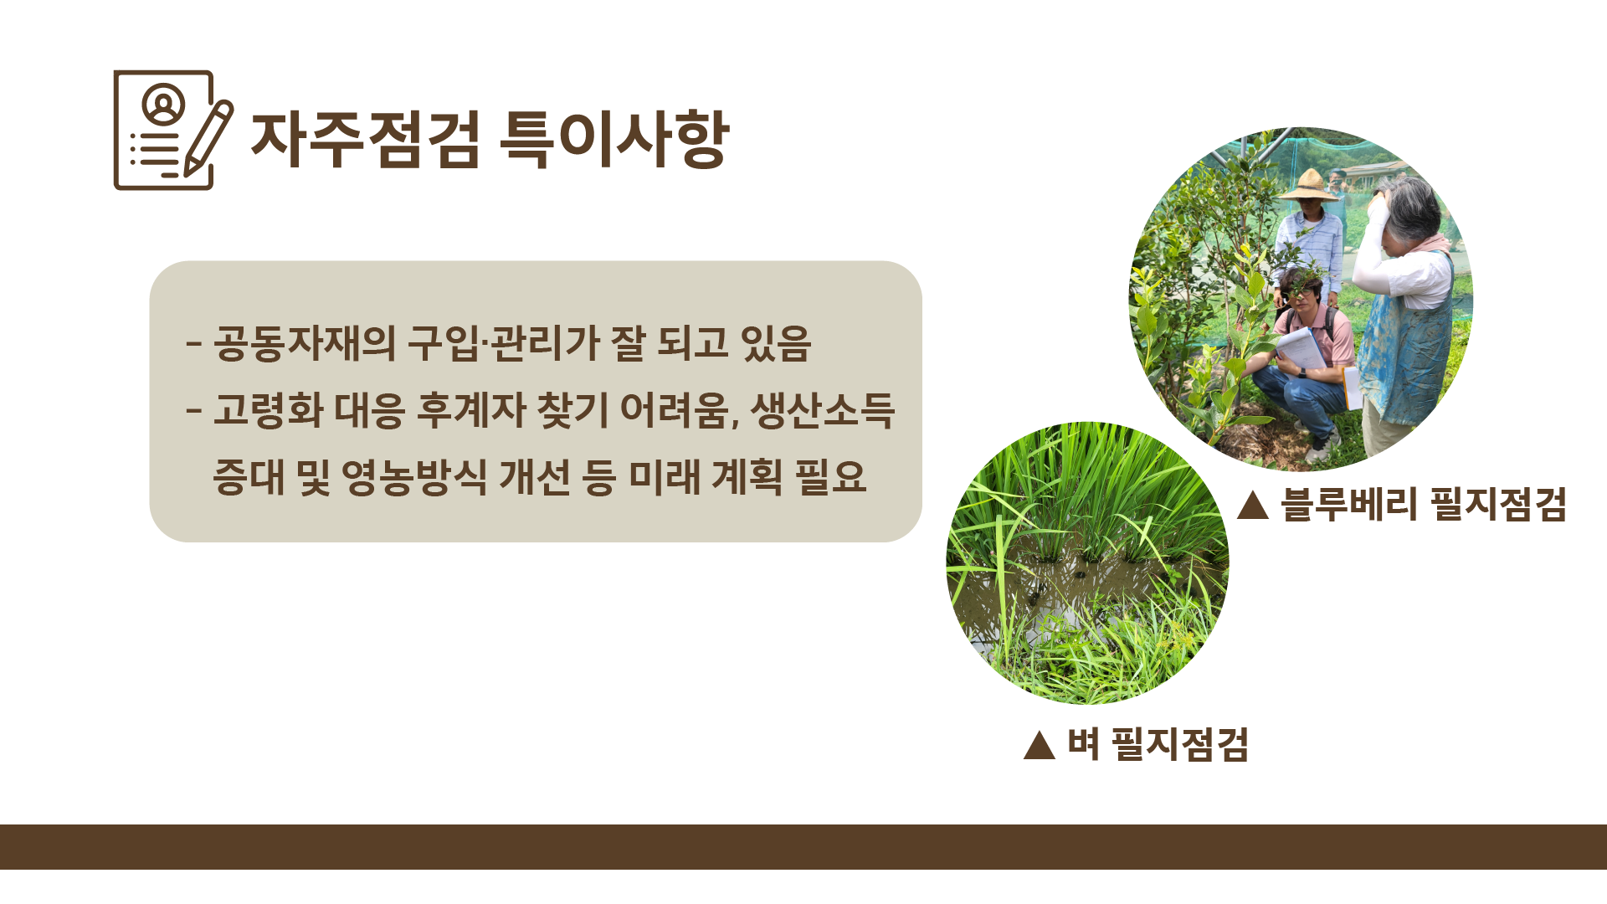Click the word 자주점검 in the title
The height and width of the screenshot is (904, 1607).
[365, 139]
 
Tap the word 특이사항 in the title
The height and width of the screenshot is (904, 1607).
[614, 139]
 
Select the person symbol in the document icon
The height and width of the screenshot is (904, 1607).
[163, 104]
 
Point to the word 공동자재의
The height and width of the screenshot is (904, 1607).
[304, 343]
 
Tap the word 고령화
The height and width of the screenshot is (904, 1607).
[268, 411]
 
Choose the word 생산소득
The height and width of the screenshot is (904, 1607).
[823, 411]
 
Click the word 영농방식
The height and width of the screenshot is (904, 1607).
[413, 477]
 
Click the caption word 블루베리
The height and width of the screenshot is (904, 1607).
[1348, 505]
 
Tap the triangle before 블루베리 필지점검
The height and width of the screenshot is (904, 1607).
[1253, 505]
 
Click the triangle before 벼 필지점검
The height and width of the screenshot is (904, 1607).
[1040, 744]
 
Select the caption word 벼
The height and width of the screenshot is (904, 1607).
[1083, 744]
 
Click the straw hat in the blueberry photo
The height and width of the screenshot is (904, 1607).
[1309, 186]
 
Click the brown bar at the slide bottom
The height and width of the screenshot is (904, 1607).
[803, 846]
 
